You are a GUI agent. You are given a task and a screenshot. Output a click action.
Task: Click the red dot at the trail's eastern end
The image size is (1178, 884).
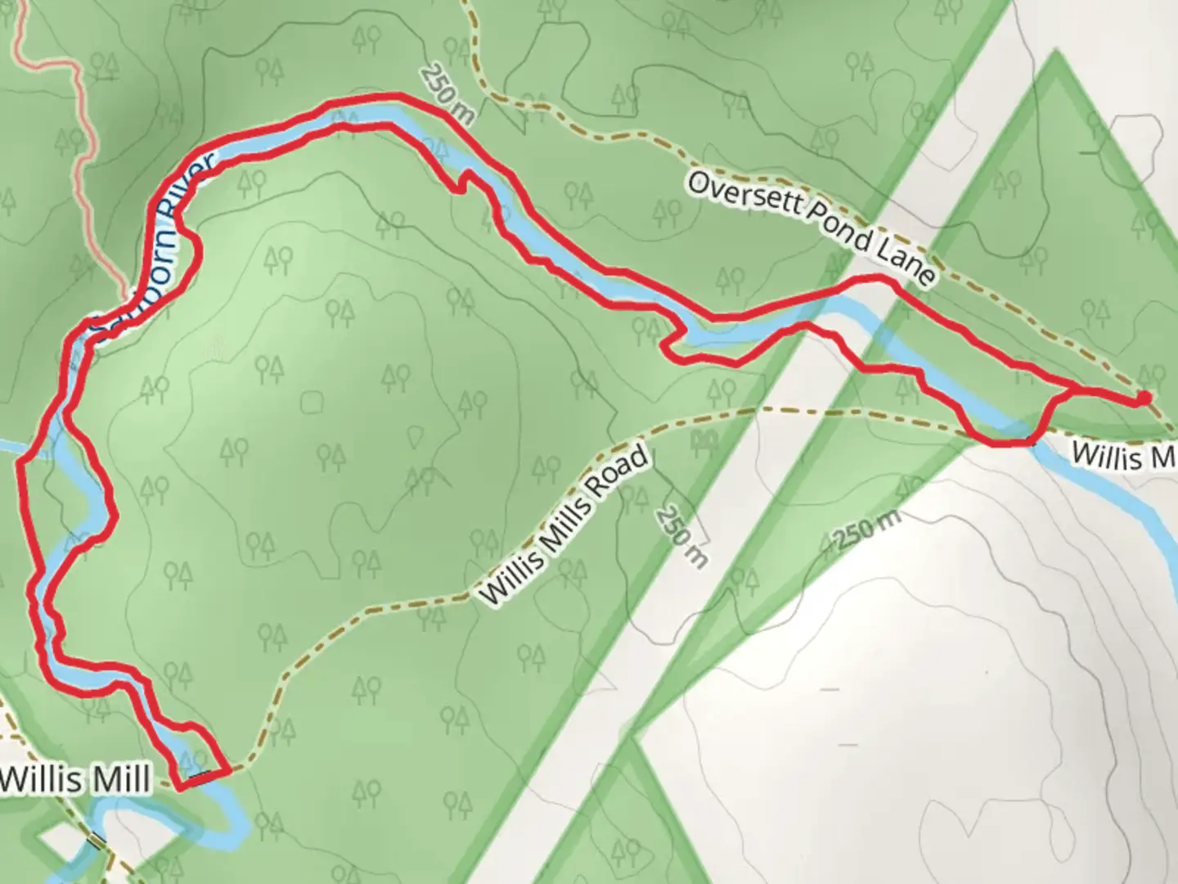tap(1143, 398)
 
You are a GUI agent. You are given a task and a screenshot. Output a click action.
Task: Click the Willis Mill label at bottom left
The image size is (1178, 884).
tap(75, 778)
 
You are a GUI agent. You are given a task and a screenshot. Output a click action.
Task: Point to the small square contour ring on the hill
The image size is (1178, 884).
tap(311, 403)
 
